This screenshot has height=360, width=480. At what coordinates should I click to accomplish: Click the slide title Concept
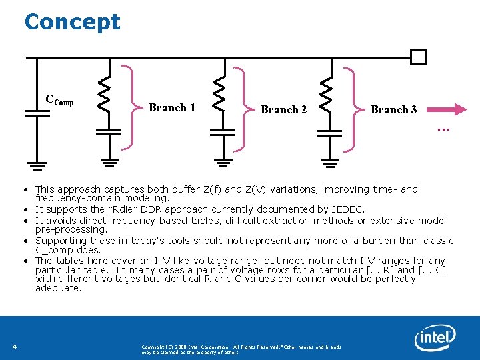[x=72, y=21]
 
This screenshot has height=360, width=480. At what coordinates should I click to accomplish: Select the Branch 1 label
[x=172, y=107]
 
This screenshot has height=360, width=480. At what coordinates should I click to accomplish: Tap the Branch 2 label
[x=283, y=109]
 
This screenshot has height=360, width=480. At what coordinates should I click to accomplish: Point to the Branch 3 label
[x=393, y=109]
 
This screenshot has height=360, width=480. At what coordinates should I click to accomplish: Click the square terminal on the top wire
[x=418, y=57]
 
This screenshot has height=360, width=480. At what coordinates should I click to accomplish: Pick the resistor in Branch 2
[x=218, y=93]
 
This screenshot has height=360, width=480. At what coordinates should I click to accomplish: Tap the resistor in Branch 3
[x=327, y=93]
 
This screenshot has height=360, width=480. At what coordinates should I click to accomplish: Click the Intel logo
[x=435, y=338]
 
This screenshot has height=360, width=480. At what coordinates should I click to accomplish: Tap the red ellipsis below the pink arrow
[x=442, y=128]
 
